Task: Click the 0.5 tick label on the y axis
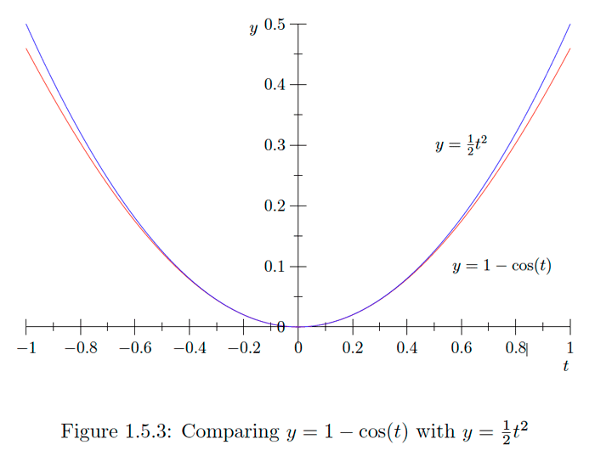click(x=275, y=24)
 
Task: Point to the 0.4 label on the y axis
click(x=275, y=85)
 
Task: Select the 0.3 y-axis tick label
click(x=275, y=145)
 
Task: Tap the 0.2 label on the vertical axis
click(x=275, y=206)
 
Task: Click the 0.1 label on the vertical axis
click(x=275, y=267)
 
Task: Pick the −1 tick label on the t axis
click(x=26, y=347)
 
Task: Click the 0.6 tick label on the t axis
click(x=462, y=347)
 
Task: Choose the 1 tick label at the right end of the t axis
click(x=569, y=347)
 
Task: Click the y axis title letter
click(x=253, y=29)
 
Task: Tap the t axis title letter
click(x=565, y=365)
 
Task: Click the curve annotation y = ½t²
click(x=461, y=145)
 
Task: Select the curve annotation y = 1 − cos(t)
click(x=501, y=267)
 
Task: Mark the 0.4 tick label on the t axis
click(x=407, y=347)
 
